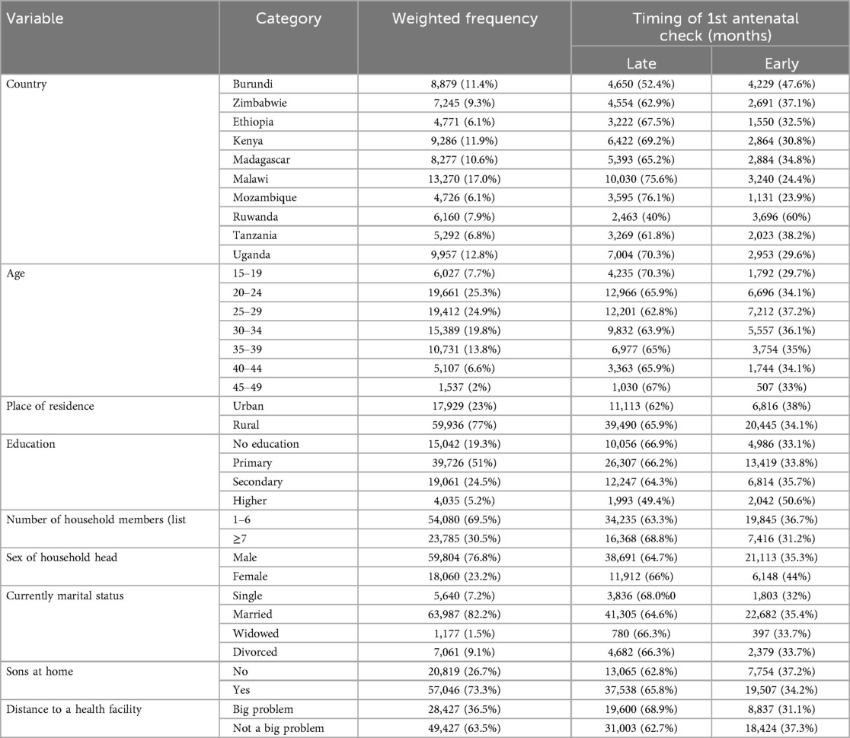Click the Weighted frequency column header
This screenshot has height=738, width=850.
click(464, 19)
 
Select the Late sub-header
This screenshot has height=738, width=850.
click(641, 65)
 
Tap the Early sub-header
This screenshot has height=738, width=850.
click(780, 65)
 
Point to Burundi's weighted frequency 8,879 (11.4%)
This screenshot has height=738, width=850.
click(464, 85)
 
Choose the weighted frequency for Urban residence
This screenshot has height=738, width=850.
click(464, 407)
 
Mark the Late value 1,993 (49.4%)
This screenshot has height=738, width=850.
click(641, 501)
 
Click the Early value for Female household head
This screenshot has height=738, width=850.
click(780, 577)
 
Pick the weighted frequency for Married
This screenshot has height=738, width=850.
click(464, 615)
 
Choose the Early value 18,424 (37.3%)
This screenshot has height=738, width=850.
click(780, 728)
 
